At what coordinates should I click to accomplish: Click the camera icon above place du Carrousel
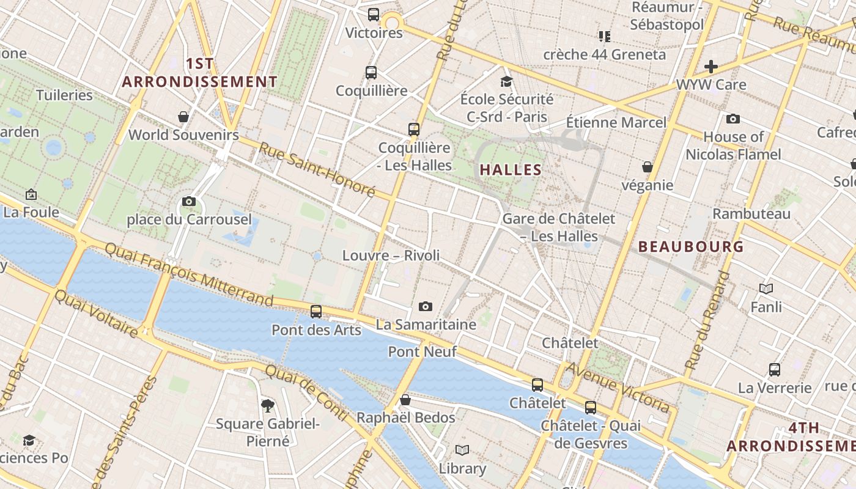tap(189, 201)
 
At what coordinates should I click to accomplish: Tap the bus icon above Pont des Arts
tap(316, 311)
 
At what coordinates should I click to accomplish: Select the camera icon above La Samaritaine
tap(426, 306)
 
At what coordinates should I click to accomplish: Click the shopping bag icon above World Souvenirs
tap(183, 116)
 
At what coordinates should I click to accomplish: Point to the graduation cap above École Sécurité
tap(506, 81)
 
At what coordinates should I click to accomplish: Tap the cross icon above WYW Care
tap(711, 66)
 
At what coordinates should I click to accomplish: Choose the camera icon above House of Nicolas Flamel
tap(733, 119)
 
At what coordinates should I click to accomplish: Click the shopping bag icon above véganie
tap(648, 167)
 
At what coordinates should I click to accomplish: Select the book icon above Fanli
tap(766, 289)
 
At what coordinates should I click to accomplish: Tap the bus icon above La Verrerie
tap(775, 369)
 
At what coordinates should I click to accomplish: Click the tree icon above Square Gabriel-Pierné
tap(267, 405)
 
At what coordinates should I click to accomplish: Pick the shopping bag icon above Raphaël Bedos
tap(405, 400)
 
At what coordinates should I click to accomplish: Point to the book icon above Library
tap(462, 450)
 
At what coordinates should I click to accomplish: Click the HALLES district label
tap(511, 169)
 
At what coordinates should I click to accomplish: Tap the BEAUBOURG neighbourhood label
tap(691, 246)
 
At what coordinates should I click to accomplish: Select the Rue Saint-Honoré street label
tap(316, 169)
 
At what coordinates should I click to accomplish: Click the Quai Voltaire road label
tap(97, 314)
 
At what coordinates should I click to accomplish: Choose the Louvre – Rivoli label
tap(391, 255)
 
